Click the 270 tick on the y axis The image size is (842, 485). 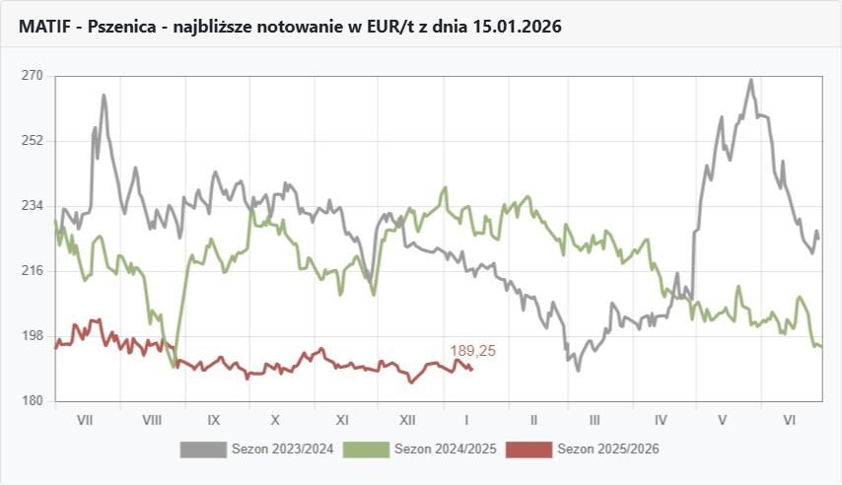tap(33, 76)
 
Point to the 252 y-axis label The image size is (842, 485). tap(33, 141)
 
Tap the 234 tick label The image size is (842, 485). tap(33, 206)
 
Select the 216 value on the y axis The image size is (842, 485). tap(33, 271)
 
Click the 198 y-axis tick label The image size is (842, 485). tap(33, 336)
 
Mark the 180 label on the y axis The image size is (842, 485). tap(33, 401)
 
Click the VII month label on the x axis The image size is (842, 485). tap(85, 420)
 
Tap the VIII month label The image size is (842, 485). tap(152, 420)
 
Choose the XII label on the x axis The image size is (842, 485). tap(407, 420)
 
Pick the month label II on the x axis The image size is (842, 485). tap(532, 420)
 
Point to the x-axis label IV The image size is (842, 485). tap(661, 420)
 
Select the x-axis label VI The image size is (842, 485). tap(789, 420)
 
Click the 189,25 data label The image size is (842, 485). tap(472, 351)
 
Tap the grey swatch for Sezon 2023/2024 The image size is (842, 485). tap(203, 450)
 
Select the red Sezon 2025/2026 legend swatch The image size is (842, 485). tap(528, 450)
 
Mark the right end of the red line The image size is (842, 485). tap(473, 370)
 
